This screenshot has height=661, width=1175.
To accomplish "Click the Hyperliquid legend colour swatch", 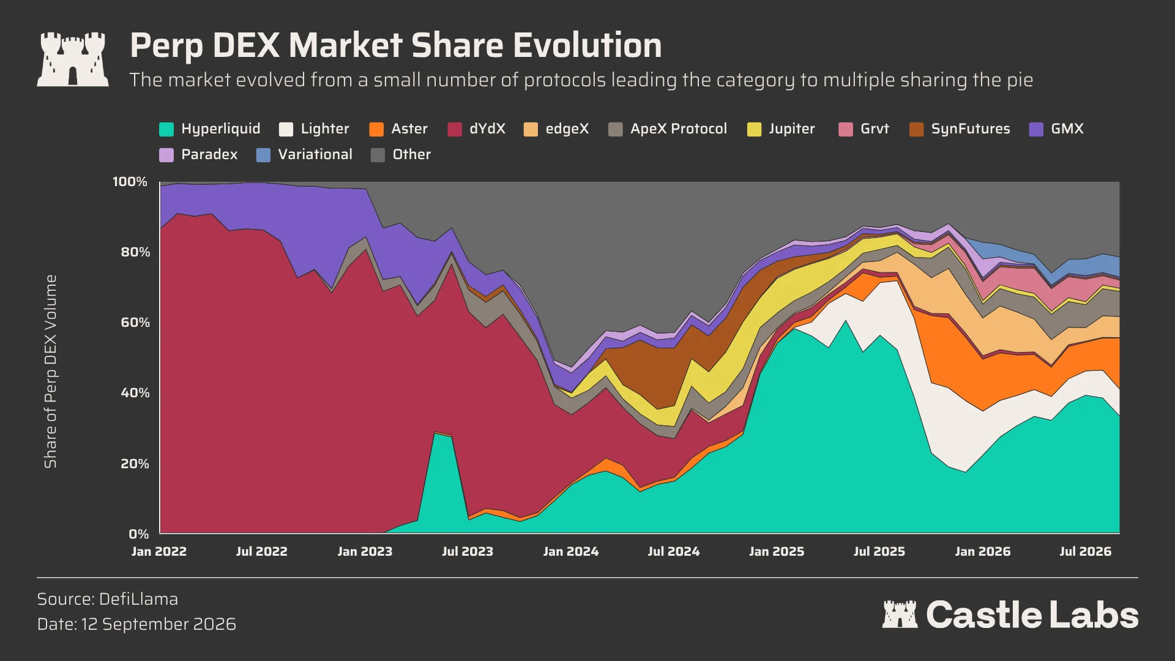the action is coord(166,129).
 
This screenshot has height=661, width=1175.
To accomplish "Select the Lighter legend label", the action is coord(324,129).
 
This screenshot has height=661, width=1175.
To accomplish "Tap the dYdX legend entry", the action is coord(477,129).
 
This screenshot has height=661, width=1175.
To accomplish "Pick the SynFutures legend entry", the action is coord(960,129).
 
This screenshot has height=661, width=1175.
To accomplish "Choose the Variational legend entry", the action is coord(304,155).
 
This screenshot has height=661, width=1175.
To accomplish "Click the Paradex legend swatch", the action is coord(166,155).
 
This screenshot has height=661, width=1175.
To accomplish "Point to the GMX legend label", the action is coord(1067,129).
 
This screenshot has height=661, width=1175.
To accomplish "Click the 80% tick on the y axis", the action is coord(135,252).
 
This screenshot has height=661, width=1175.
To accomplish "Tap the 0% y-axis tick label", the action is coord(139,534).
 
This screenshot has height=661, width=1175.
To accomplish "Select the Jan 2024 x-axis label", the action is coord(571,551).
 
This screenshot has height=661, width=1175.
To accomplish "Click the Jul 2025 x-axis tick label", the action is coord(879,551).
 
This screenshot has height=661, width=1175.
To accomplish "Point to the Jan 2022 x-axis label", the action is coord(159,551).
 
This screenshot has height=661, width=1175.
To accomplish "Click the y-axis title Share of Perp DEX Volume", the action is coord(50,372).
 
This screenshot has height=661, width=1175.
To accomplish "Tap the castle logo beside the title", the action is coord(73,59).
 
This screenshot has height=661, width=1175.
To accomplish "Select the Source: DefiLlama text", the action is coord(108,599).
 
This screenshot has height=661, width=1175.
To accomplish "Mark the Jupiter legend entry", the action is coord(781,129).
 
